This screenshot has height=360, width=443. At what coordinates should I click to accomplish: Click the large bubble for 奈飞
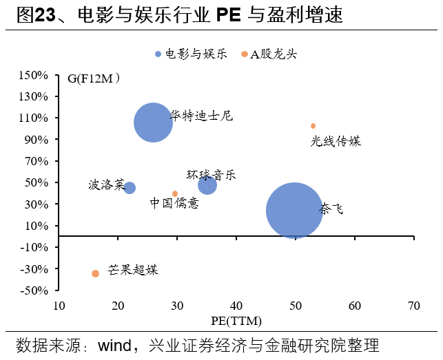tap(295, 211)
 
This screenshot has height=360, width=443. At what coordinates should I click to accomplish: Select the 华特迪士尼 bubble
tap(153, 123)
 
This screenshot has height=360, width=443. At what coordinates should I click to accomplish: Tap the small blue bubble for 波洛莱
tap(130, 188)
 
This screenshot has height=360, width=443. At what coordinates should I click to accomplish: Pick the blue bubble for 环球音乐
tap(207, 185)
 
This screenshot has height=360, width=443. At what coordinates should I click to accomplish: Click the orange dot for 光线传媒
tap(313, 126)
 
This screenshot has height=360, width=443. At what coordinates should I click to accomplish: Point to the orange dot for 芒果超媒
tap(95, 273)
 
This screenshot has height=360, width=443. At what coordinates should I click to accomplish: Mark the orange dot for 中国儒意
tap(175, 193)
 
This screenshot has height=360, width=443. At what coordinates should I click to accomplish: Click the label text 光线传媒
tap(336, 141)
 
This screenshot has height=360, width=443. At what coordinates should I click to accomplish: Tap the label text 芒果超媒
tap(133, 270)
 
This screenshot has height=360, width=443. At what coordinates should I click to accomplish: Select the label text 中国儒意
tap(174, 203)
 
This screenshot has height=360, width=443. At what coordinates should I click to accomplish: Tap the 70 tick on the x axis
tap(413, 305)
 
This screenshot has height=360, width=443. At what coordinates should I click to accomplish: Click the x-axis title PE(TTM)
tap(236, 321)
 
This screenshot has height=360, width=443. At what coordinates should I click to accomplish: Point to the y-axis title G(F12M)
tap(94, 78)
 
